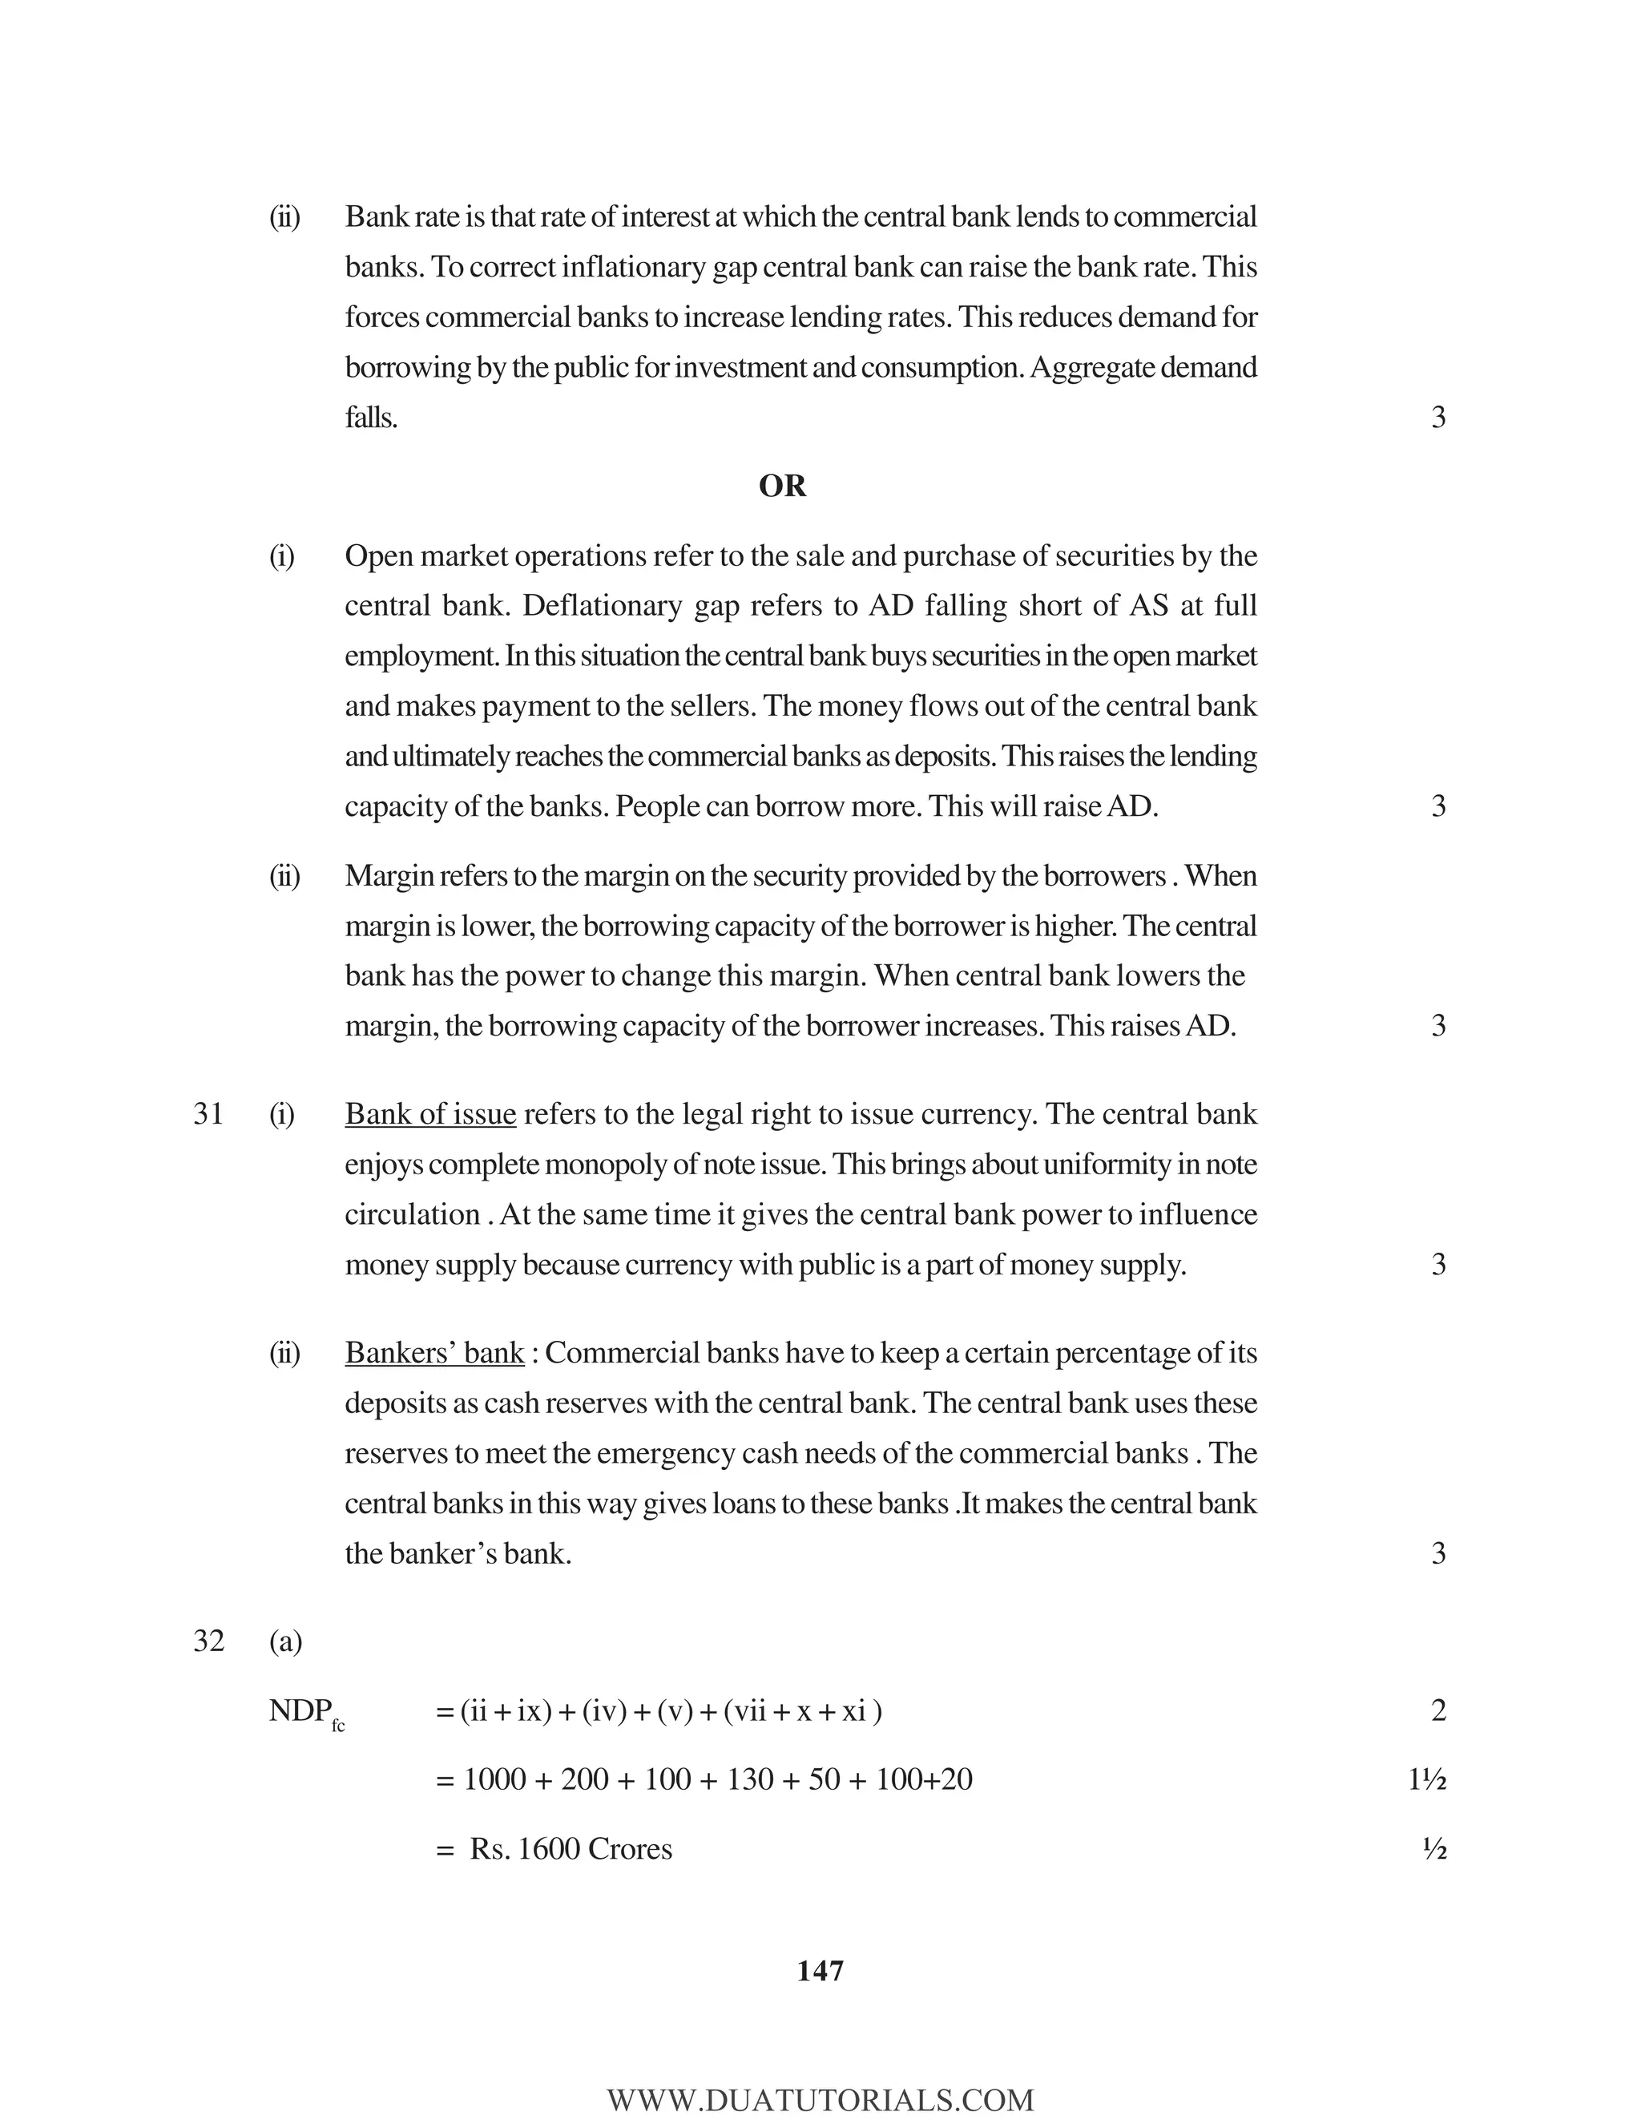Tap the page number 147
(820, 1970)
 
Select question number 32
(208, 1641)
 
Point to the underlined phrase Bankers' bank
(433, 1354)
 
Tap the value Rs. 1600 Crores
(571, 1849)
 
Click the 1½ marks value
(1426, 1781)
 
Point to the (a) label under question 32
(284, 1642)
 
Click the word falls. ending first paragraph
(370, 419)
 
